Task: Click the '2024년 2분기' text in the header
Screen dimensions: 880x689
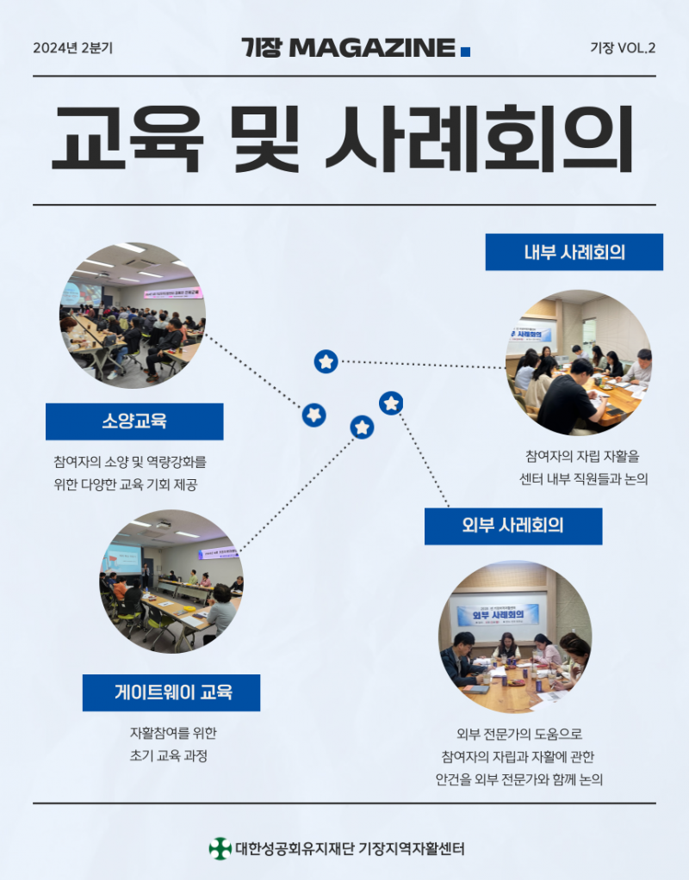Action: coord(72,48)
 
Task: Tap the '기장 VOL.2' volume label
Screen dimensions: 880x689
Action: coord(623,48)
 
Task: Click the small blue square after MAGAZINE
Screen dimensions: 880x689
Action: coord(466,52)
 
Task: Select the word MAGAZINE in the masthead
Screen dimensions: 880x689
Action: coord(371,48)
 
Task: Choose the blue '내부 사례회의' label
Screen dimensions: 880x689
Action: coord(574,252)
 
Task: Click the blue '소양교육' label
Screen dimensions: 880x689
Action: coord(133,422)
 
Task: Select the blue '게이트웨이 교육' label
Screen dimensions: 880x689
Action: coord(171,692)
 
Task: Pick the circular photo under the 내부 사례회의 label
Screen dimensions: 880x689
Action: coord(578,362)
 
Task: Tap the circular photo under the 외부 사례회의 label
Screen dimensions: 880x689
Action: coord(514,637)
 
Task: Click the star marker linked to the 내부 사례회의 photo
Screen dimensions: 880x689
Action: coord(326,361)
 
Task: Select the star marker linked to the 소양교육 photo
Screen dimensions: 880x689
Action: coord(314,415)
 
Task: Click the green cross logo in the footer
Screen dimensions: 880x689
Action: coord(220,848)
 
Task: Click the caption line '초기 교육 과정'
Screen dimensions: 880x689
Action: coord(170,756)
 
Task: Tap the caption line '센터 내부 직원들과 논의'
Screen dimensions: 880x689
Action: coord(583,478)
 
